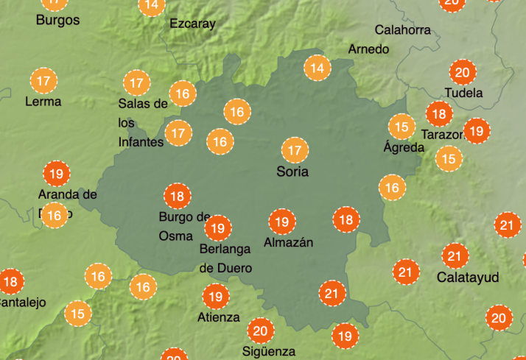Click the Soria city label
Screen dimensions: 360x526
point(292,172)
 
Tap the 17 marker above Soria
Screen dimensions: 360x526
point(295,150)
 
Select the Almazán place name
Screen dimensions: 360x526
point(288,242)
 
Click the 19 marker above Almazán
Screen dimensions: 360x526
point(281,222)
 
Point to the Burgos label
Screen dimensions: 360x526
point(57,20)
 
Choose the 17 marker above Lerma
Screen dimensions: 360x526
point(43,81)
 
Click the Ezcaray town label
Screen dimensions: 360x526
point(192,24)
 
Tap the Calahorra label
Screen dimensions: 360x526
point(402,30)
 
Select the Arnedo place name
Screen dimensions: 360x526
point(368,49)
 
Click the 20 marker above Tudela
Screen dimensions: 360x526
point(463,72)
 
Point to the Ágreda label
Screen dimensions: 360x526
point(404,147)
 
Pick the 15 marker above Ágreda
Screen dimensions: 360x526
point(401,127)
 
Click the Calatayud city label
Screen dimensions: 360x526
point(468,278)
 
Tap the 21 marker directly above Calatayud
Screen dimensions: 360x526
point(455,256)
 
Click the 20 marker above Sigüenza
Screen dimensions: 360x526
point(259,330)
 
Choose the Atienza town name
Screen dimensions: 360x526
point(218,317)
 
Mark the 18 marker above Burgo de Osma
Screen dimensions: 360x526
point(177,197)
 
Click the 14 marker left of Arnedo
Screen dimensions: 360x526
point(317,68)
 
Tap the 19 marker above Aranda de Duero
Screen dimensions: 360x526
point(56,174)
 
